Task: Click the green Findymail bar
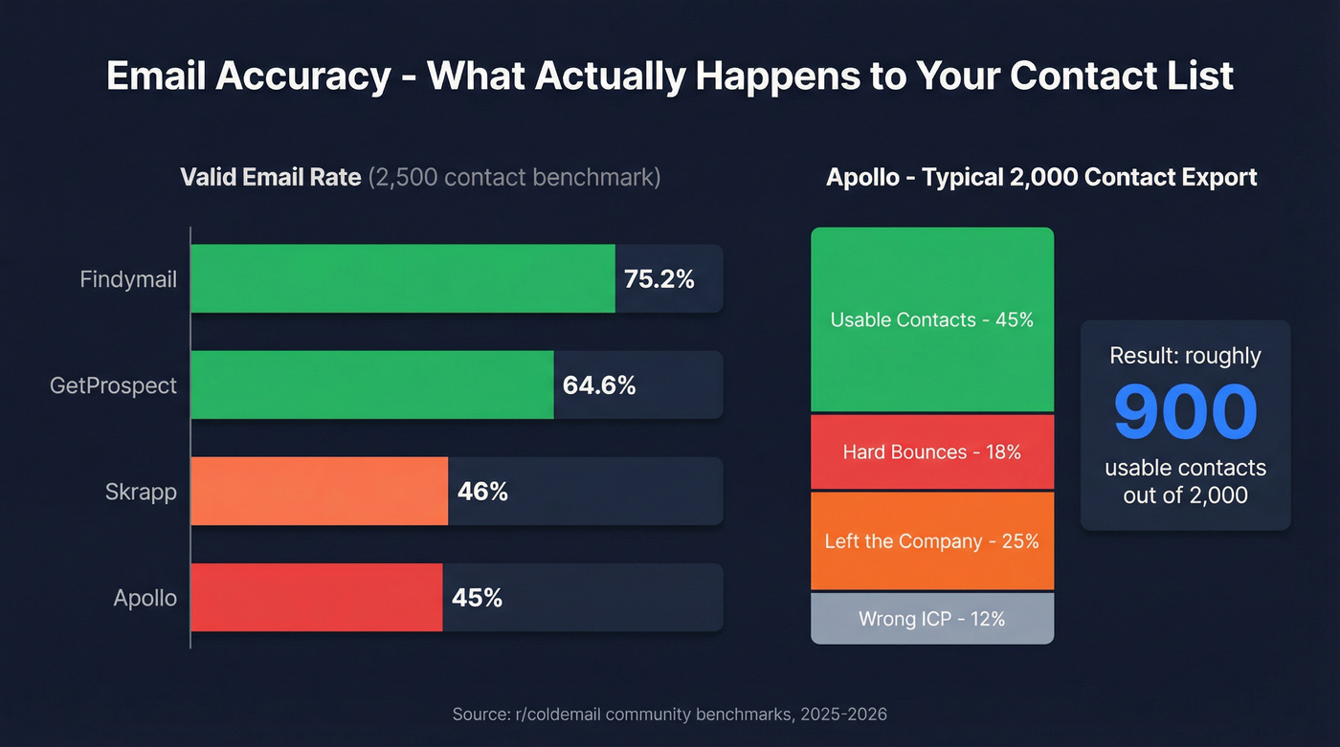click(402, 278)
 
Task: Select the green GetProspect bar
click(371, 384)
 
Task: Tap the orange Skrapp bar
click(319, 491)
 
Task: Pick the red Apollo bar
click(316, 597)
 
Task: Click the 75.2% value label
click(659, 279)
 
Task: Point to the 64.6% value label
click(599, 385)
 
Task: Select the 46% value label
click(482, 492)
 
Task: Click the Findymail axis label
click(128, 279)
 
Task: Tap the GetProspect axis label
click(113, 385)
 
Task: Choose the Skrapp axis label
click(141, 492)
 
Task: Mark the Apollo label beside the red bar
click(145, 598)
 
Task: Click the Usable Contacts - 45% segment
click(931, 319)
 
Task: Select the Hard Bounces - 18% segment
click(931, 451)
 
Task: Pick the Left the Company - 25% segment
click(931, 540)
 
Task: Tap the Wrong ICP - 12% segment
click(931, 619)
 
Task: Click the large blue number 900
click(1185, 411)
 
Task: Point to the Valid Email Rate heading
click(271, 177)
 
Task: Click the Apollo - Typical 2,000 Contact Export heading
click(1041, 177)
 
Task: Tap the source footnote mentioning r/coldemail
click(669, 714)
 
